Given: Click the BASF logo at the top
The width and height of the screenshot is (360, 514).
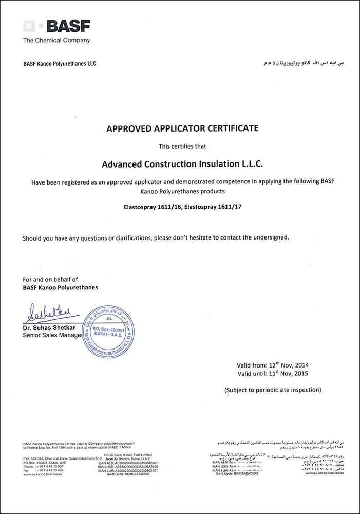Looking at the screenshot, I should click(x=56, y=26).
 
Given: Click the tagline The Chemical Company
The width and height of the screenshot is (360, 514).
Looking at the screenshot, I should click(x=56, y=40).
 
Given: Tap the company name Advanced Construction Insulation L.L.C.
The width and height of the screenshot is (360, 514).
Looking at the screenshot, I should click(x=179, y=164).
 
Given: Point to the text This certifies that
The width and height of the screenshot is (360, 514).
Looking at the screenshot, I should click(x=179, y=146).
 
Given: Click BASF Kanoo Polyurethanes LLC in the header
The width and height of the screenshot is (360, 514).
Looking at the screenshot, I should click(x=60, y=64).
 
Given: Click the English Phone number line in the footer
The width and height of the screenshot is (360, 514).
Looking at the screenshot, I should click(x=44, y=466).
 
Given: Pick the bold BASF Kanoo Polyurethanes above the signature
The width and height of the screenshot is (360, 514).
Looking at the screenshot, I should click(x=60, y=287).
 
